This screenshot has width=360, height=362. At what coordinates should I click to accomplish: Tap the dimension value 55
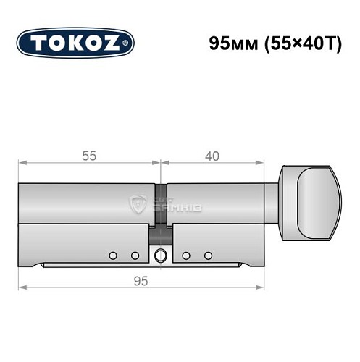click(89, 156)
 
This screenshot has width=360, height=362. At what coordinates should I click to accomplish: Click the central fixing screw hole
click(160, 255)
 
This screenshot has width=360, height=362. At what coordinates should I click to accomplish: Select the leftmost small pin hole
click(112, 256)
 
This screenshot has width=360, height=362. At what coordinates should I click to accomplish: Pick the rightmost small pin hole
click(208, 256)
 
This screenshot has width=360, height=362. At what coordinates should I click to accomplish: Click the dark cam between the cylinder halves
click(160, 236)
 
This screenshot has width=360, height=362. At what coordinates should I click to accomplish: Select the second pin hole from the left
click(134, 256)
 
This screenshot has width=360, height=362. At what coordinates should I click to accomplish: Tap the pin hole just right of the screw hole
click(186, 256)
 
